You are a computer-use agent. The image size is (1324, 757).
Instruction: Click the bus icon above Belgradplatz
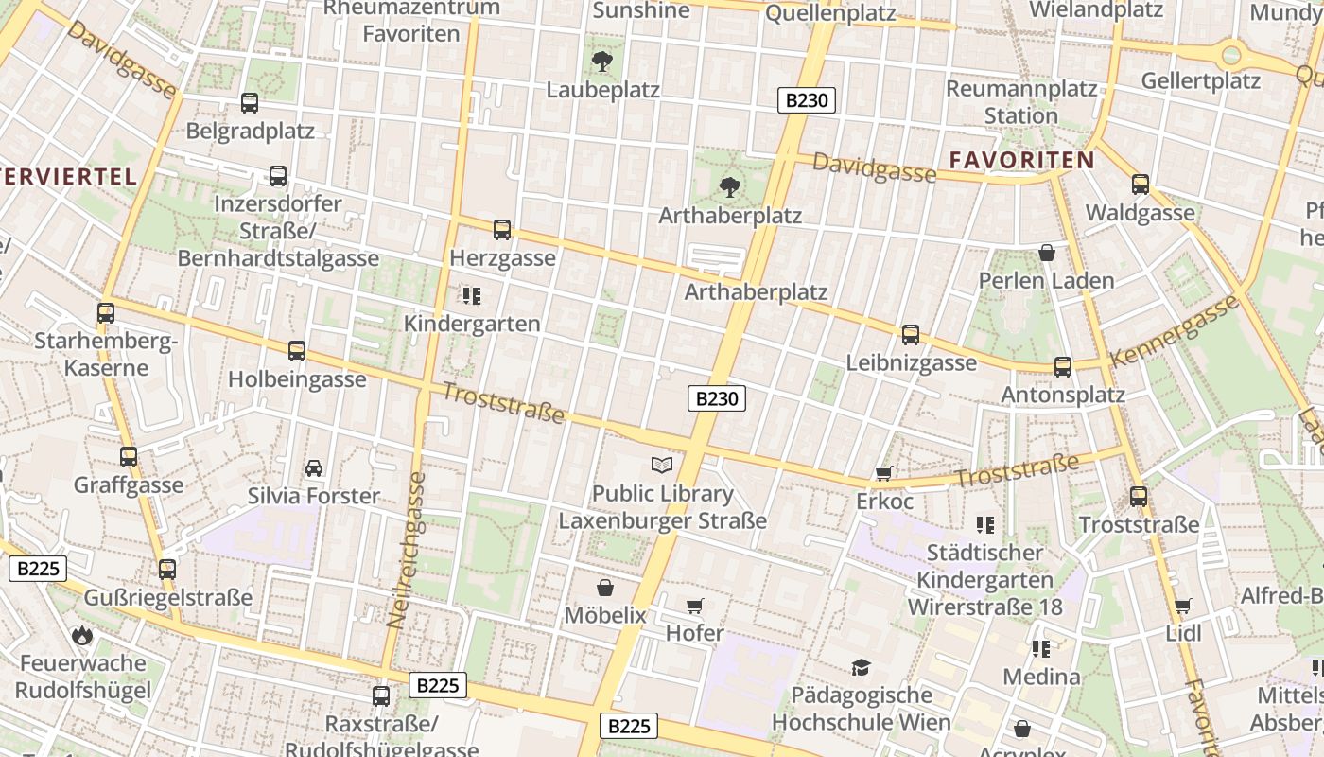point(250,103)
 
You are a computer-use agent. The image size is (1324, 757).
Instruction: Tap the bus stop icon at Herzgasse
point(502,230)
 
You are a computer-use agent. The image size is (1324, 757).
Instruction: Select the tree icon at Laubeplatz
point(601,62)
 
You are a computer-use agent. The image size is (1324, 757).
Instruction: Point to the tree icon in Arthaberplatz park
point(729,186)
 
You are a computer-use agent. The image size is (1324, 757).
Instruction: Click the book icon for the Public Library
point(662,465)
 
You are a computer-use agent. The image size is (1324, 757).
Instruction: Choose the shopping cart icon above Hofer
point(695,606)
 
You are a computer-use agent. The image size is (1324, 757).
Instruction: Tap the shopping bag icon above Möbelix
point(605,589)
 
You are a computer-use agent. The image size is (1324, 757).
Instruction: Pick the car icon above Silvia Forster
point(314,467)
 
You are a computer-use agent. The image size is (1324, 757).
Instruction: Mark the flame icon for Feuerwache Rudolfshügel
point(83,635)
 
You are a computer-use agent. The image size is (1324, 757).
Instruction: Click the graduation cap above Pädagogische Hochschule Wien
point(861,668)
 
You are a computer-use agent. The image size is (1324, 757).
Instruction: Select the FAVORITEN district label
point(1021,160)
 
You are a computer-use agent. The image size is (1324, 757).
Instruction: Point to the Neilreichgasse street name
point(408,549)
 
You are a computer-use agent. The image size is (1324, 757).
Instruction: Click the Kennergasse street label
point(1176,331)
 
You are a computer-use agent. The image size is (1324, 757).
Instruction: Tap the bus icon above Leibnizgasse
point(911,334)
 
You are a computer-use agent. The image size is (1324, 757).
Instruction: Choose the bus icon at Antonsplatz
point(1063,367)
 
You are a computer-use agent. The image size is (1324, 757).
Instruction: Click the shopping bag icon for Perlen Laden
point(1047,253)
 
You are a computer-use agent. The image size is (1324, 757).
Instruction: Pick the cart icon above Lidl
point(1183,606)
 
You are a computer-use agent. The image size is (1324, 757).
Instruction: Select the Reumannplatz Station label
point(1021,102)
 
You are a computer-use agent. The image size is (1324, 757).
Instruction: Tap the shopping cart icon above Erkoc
point(884,473)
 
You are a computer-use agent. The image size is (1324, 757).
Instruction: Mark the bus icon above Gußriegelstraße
point(167,569)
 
